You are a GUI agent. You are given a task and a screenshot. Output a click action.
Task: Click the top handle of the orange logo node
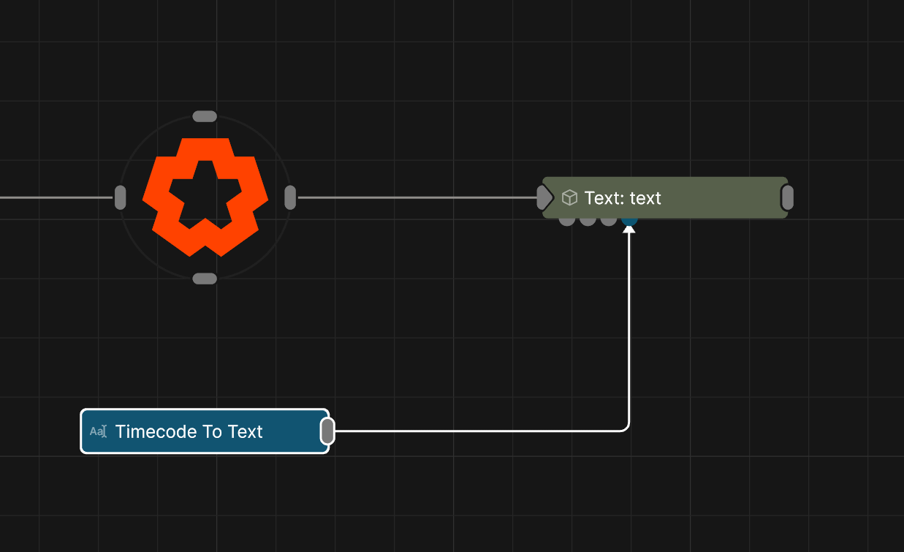[205, 116]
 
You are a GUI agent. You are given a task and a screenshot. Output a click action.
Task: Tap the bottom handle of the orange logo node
[205, 279]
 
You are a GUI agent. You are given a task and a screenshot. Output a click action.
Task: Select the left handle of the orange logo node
[121, 197]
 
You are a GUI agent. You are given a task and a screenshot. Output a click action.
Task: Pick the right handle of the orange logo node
[290, 197]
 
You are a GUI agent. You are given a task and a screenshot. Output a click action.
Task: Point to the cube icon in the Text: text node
[569, 197]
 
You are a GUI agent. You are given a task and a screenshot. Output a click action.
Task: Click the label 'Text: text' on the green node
[623, 198]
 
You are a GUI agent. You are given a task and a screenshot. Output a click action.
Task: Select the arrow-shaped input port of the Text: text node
[544, 197]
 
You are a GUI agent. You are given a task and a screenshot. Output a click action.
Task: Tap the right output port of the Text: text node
[787, 197]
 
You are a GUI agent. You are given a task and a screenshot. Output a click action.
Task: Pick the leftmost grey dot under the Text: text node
[566, 220]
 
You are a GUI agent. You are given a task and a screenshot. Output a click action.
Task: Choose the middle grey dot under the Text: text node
[588, 220]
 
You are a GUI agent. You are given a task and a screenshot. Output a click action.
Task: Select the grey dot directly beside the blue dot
[608, 220]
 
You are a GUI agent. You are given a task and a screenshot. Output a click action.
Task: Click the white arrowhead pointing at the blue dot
[629, 230]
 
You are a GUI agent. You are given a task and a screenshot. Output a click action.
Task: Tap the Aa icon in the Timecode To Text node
[98, 431]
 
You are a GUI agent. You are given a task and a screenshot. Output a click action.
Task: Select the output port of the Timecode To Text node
[328, 431]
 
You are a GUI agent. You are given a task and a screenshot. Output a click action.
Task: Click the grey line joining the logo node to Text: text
[417, 197]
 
